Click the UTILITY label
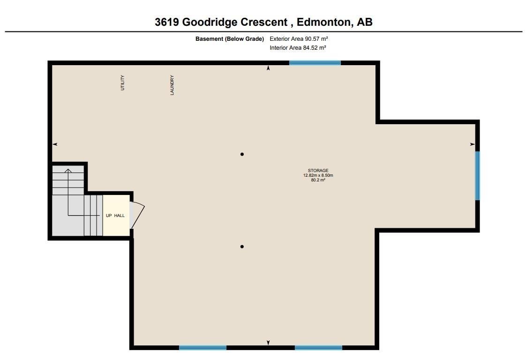point(122,82)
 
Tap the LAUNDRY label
point(172,85)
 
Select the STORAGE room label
point(318,171)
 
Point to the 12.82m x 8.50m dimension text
point(318,175)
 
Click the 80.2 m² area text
point(318,180)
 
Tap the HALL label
point(120,216)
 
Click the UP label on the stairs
point(109,216)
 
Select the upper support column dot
point(242,154)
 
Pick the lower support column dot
point(242,247)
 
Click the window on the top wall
point(315,63)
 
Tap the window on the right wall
point(477,176)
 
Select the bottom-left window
point(203,347)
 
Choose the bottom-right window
point(318,347)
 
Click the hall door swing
point(137,215)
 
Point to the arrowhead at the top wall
point(268,68)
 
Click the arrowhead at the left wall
point(55,144)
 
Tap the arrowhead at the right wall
point(473,144)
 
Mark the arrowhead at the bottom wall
point(268,342)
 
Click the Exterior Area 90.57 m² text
point(299,39)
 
